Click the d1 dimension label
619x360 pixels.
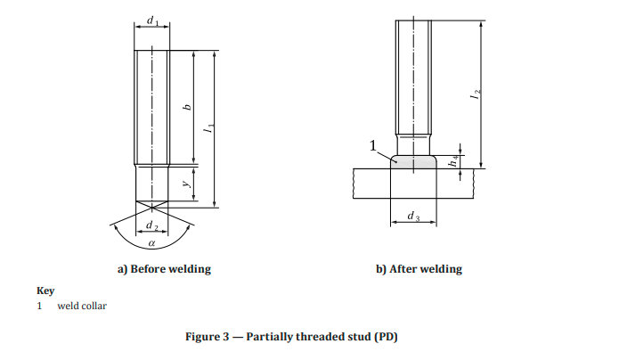pos(152,20)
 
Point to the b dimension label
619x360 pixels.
pos(187,107)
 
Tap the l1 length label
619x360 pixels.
pos(208,130)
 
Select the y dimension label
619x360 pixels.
pos(186,184)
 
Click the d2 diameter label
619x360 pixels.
pos(152,227)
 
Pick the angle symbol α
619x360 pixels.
pos(152,241)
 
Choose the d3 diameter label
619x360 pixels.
pos(413,217)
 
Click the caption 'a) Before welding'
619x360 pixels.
pos(165,268)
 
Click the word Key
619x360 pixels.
pos(45,290)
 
